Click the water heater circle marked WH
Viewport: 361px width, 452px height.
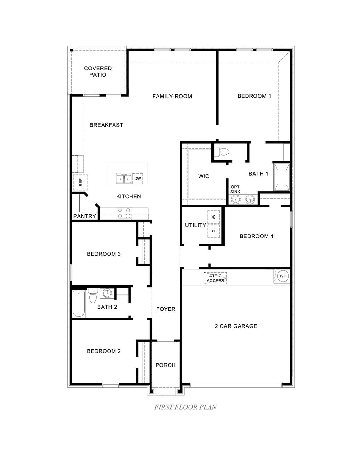(x=283, y=276)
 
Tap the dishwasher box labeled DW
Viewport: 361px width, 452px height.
(x=137, y=179)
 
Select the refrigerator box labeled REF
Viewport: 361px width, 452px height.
(x=80, y=182)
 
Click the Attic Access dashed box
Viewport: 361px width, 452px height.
(x=215, y=278)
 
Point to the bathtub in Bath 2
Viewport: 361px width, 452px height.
(x=79, y=303)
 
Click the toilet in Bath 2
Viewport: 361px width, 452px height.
(x=93, y=296)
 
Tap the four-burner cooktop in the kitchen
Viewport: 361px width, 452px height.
(x=124, y=213)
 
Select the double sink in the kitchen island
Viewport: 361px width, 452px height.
(x=124, y=179)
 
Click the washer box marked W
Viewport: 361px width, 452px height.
(x=214, y=217)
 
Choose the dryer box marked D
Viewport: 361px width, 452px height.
(x=214, y=231)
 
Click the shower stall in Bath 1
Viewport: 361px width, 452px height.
(x=282, y=177)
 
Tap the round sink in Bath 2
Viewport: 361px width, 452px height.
(x=107, y=293)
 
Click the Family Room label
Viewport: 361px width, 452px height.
(x=172, y=97)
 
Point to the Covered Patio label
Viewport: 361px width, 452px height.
(x=98, y=72)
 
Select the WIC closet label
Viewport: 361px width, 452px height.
(x=204, y=176)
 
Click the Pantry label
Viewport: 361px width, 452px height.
(x=85, y=216)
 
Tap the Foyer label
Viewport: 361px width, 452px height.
(x=166, y=309)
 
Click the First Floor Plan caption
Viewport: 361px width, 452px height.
(x=185, y=407)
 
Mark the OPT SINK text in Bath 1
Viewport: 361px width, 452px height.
(x=235, y=189)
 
